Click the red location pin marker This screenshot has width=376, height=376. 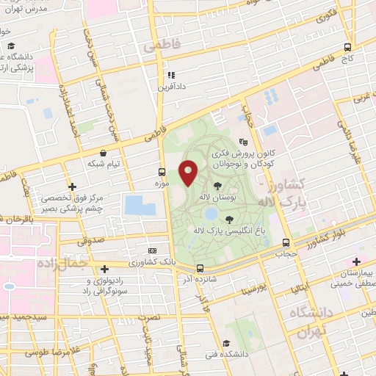(x=188, y=173)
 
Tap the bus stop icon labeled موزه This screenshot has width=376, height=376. (x=162, y=173)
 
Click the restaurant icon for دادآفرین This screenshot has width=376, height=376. (x=170, y=75)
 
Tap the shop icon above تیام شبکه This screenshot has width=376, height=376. (x=104, y=153)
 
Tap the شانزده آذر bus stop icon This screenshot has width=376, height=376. (x=200, y=269)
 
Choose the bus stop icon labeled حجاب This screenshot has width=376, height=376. (x=286, y=243)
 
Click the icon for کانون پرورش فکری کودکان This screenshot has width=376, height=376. (x=244, y=142)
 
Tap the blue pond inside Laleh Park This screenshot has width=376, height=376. (x=211, y=214)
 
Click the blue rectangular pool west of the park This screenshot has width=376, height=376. (x=140, y=205)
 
